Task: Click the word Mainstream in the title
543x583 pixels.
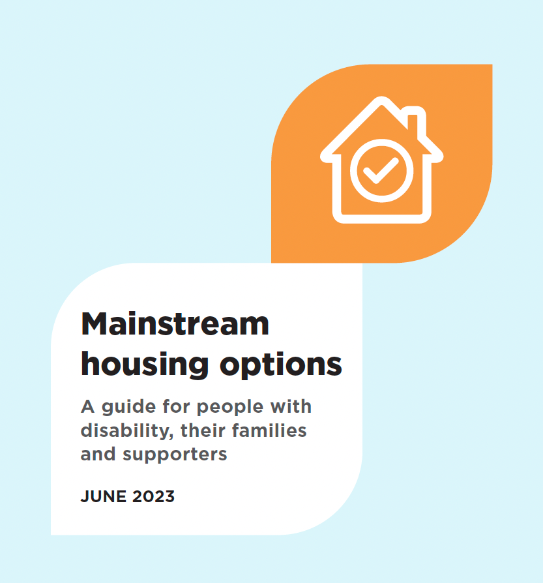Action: (175, 324)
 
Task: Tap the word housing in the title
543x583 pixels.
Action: (145, 365)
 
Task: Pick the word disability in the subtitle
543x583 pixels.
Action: (127, 431)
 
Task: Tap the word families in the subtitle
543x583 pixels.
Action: (269, 430)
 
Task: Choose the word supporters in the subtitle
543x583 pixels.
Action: (175, 455)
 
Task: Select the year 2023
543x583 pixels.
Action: (153, 496)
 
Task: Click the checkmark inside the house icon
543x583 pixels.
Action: (381, 170)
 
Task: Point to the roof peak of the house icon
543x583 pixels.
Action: (381, 100)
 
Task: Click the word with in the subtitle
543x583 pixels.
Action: (291, 406)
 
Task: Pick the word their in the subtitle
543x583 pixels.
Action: (203, 430)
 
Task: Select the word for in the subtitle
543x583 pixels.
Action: (176, 406)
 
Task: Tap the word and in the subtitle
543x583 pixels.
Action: (98, 454)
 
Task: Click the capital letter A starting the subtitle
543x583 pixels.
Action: (88, 407)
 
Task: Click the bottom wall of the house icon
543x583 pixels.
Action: (382, 218)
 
